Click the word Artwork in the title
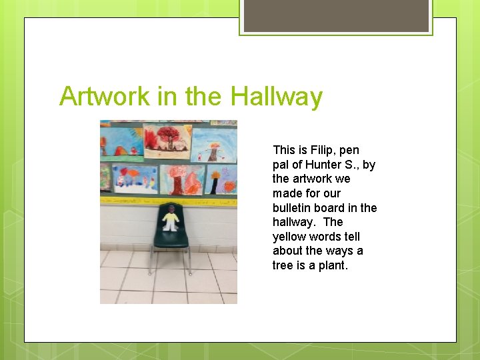[105, 97]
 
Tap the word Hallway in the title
[276, 97]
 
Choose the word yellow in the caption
[289, 237]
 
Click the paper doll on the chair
[171, 219]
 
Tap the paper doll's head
[171, 209]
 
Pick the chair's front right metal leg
[190, 261]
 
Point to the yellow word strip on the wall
[167, 199]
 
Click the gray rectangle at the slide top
[336, 15]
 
